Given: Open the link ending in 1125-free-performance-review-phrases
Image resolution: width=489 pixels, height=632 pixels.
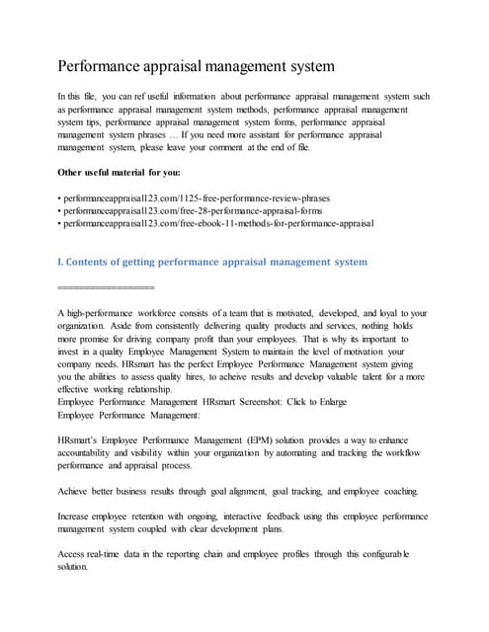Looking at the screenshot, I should tap(196, 197).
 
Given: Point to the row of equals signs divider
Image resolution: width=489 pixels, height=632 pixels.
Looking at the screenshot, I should tap(107, 286).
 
